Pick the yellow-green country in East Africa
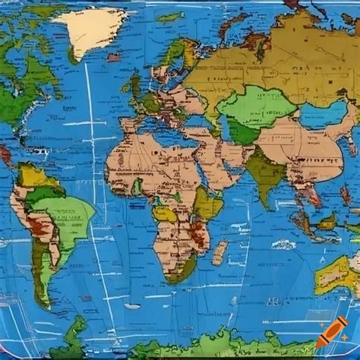(207, 204)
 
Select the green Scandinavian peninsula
(172, 57)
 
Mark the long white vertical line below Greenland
(91, 152)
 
